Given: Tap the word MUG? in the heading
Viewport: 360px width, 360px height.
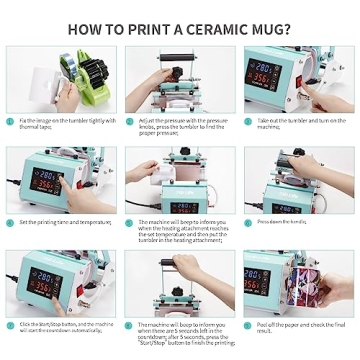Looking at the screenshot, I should pyautogui.click(x=271, y=29).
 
